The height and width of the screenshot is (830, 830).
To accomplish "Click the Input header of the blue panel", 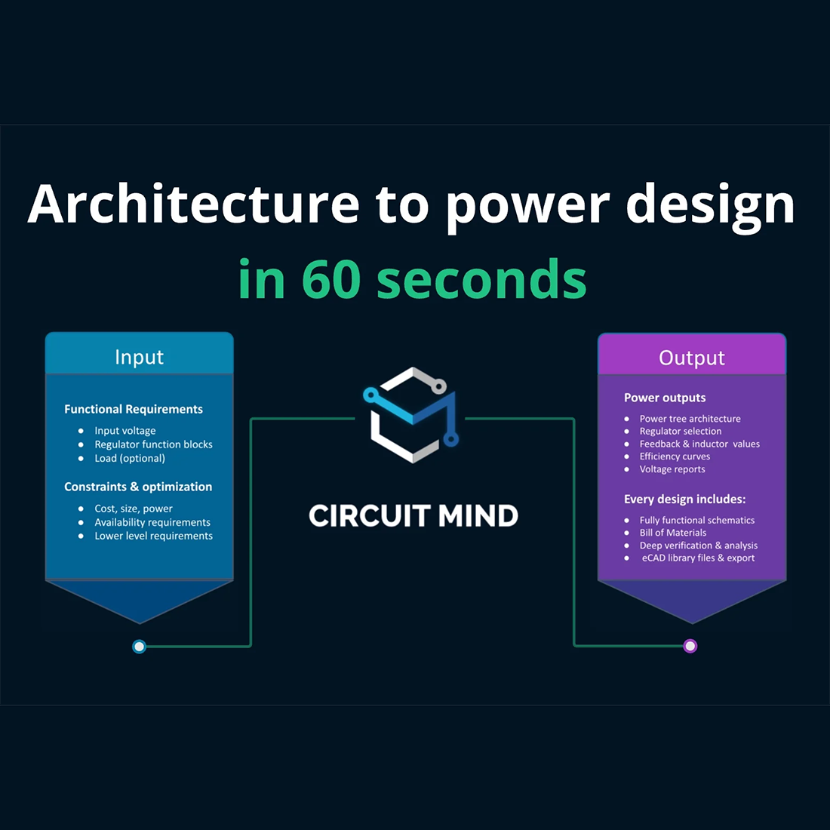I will (x=139, y=357).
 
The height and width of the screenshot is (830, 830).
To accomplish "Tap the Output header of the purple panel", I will (x=691, y=358).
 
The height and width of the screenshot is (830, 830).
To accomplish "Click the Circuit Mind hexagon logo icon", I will (x=412, y=414).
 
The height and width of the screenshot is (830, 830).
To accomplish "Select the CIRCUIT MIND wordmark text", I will (x=413, y=516).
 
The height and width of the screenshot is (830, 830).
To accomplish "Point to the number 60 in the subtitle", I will (x=332, y=279).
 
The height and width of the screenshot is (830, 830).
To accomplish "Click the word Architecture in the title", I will (x=194, y=204).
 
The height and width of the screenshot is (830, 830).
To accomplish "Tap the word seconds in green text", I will (x=481, y=279).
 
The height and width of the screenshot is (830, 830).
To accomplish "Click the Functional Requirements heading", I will (x=134, y=409).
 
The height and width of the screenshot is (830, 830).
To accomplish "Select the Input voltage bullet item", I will (x=125, y=431).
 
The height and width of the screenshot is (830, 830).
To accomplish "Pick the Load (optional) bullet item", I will (x=130, y=458).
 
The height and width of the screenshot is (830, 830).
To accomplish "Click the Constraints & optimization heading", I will (x=138, y=487).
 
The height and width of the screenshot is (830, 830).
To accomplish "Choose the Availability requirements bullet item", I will (x=152, y=522).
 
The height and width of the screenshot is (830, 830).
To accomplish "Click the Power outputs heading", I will (x=665, y=398).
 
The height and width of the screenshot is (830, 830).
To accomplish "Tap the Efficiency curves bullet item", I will (x=675, y=456).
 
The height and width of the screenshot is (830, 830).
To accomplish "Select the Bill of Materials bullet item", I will (x=673, y=533).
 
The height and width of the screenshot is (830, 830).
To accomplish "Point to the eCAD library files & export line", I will (x=698, y=558).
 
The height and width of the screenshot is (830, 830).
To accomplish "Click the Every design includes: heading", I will (x=684, y=499).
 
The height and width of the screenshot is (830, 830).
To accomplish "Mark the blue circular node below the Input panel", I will (x=139, y=646).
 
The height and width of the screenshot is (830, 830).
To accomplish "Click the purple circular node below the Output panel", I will (x=690, y=646).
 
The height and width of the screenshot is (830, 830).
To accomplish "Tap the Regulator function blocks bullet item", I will (x=153, y=444).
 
